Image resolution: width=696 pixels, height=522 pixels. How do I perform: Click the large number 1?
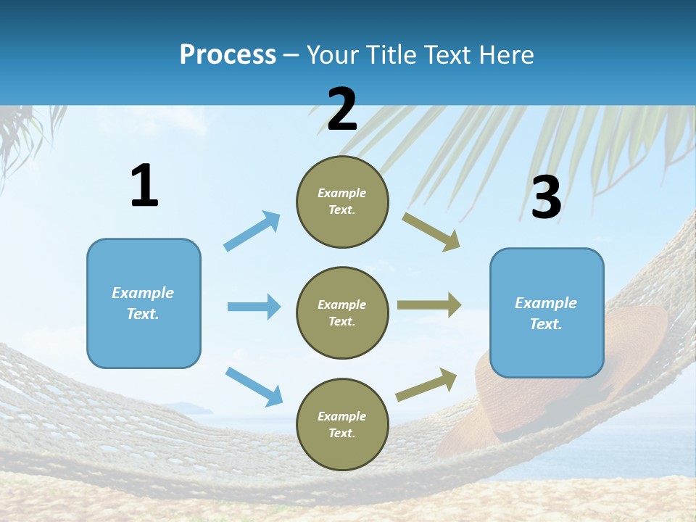[x=144, y=186]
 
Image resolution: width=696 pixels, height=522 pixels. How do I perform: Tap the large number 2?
[x=341, y=109]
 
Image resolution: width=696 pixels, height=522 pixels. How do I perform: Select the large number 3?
[x=546, y=198]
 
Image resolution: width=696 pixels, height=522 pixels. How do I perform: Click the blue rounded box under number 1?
[x=144, y=303]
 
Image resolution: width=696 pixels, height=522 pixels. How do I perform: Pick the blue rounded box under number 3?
[x=547, y=313]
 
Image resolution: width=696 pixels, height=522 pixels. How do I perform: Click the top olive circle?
[x=342, y=202]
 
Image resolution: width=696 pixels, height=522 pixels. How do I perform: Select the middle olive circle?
[x=342, y=312]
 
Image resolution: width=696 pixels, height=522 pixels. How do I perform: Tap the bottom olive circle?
[x=342, y=424]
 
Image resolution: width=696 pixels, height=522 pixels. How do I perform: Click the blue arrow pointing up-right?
[x=252, y=231]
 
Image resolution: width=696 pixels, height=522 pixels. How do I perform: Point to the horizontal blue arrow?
[x=254, y=307]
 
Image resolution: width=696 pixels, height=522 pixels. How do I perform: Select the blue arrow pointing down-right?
[x=254, y=386]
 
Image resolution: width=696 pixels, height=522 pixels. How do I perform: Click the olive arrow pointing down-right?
[x=431, y=231]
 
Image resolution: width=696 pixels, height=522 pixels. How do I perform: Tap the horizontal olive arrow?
[x=429, y=305]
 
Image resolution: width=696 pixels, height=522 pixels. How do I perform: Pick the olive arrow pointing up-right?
[x=427, y=384]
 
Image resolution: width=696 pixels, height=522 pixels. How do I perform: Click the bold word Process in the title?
[x=228, y=55]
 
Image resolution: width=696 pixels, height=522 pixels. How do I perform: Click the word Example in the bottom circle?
[x=341, y=416]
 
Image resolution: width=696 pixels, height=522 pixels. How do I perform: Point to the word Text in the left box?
[x=141, y=314]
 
